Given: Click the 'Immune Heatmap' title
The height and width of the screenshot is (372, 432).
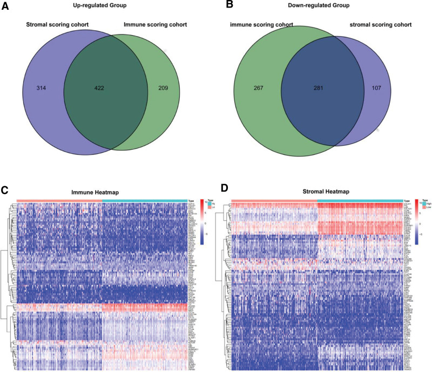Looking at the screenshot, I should [x=102, y=192].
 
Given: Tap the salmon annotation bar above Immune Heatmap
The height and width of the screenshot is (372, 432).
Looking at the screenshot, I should [x=59, y=200].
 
